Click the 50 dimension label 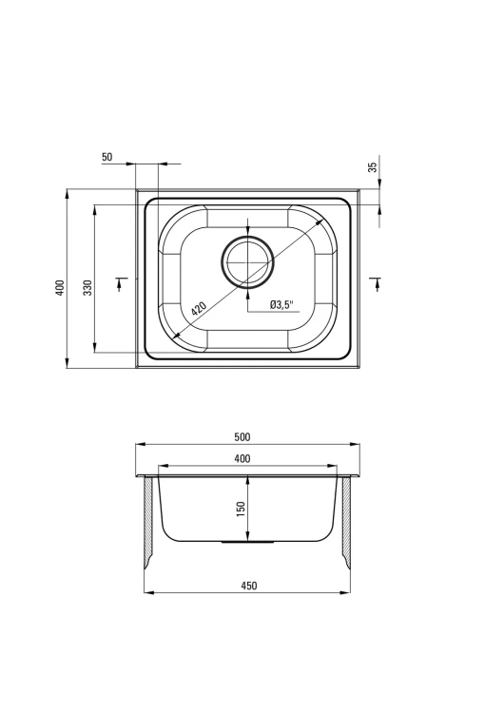(x=107, y=157)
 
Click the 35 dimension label (x=373, y=167)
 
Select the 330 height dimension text (x=87, y=287)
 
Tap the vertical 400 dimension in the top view (x=60, y=288)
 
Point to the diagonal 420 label (x=199, y=309)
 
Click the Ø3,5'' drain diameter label (x=281, y=304)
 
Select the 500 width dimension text (x=242, y=437)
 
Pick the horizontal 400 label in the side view (x=242, y=459)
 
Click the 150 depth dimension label (x=242, y=509)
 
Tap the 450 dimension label (x=249, y=586)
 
